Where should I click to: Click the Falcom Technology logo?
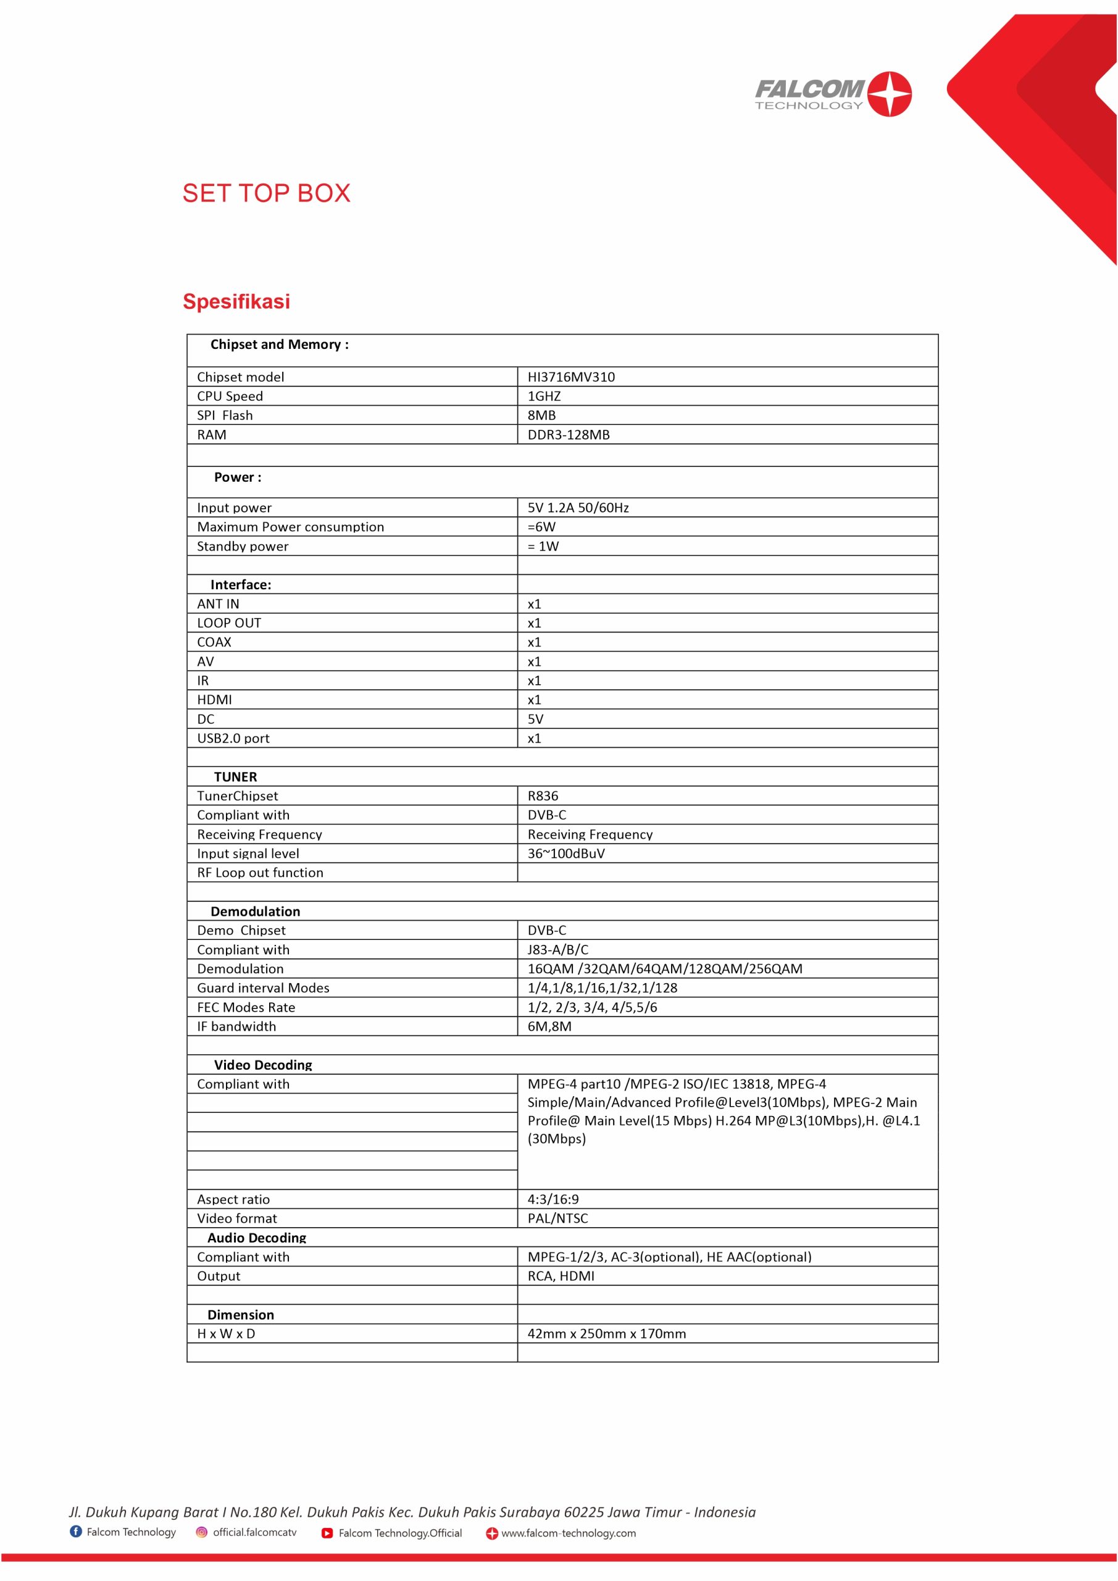[832, 94]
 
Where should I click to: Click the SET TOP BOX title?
[267, 193]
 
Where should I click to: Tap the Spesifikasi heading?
[236, 301]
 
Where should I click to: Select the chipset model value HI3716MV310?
[570, 377]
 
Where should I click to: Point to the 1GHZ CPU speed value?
[544, 396]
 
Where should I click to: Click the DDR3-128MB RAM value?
[568, 435]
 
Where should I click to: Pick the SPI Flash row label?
[225, 415]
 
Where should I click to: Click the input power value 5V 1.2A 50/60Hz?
[578, 508]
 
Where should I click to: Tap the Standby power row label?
[243, 546]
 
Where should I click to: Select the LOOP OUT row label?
[228, 623]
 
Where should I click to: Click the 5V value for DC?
[535, 719]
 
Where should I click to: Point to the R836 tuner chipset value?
[543, 796]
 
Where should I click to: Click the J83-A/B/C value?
[557, 950]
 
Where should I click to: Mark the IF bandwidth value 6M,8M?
[549, 1026]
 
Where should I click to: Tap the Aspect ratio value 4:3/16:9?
[553, 1199]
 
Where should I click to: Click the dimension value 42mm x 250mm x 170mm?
[606, 1334]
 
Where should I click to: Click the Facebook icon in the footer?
[76, 1532]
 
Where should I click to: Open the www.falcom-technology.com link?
[568, 1533]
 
